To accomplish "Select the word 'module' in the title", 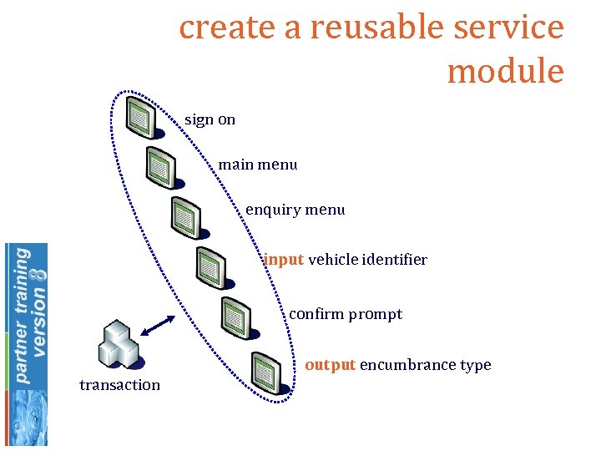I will [505, 71].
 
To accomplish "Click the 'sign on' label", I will [210, 119].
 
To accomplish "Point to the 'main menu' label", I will [257, 165].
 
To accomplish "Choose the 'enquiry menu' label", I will [295, 210].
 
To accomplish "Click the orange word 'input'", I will [284, 260].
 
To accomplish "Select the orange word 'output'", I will [331, 365].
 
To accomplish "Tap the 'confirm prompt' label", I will [345, 315].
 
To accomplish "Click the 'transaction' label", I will [119, 385].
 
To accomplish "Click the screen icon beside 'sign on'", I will [139, 118].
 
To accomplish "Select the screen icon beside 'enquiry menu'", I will [185, 217].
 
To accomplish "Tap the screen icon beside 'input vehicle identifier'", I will [210, 266].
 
